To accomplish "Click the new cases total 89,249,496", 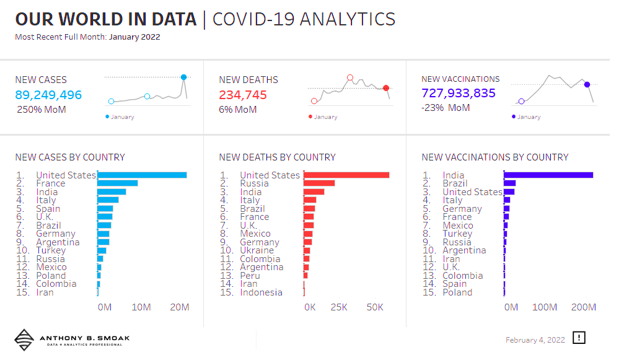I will click(x=48, y=95).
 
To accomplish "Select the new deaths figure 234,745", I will click(x=242, y=95).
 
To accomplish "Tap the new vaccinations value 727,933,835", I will click(x=459, y=93).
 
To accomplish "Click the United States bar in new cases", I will click(x=142, y=175).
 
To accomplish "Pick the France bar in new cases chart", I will click(x=118, y=183).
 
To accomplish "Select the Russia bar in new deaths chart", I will click(x=319, y=183).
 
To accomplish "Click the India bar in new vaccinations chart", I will click(x=548, y=175).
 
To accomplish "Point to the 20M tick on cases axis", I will click(x=180, y=307).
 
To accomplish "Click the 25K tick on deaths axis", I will click(x=339, y=307).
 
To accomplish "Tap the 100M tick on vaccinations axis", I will click(x=545, y=307).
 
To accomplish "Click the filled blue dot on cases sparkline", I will click(x=184, y=77).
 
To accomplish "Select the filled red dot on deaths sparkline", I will click(x=386, y=88).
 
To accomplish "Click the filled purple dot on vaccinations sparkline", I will click(x=587, y=84).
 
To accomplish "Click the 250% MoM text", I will click(x=42, y=110).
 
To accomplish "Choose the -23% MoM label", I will click(x=446, y=108).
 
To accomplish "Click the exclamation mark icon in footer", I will click(x=579, y=338).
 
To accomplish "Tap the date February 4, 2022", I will click(x=535, y=340).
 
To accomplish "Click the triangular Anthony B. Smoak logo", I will click(x=24, y=340).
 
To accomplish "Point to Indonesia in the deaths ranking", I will click(x=261, y=292).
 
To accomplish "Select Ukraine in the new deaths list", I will click(x=257, y=250).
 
